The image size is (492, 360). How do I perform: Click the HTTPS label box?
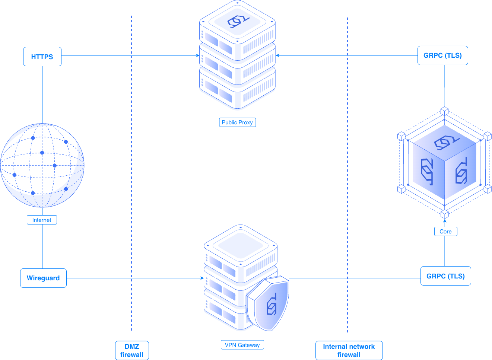(42, 57)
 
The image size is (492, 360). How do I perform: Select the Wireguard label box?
(43, 278)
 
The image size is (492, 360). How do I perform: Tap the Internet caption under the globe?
(42, 220)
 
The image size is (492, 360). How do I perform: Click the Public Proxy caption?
(237, 122)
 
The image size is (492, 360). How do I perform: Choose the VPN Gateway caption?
(242, 345)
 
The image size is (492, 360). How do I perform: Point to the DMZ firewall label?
(132, 350)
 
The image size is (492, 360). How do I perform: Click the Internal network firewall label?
(349, 350)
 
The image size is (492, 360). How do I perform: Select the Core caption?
(445, 232)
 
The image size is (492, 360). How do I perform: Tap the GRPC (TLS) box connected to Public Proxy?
(442, 55)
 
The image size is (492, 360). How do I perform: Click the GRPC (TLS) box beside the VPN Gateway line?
(445, 276)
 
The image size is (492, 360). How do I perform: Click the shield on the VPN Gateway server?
(268, 303)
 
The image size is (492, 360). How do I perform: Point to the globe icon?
(42, 165)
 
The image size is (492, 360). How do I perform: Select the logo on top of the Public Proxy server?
(238, 22)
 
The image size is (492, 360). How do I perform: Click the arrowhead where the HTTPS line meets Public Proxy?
(198, 55)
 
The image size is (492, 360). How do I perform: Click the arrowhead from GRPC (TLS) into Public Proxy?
(278, 55)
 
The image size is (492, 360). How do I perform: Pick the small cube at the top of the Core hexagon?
(445, 111)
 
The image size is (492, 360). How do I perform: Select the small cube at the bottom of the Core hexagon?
(445, 214)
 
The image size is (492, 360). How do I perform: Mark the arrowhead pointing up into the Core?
(445, 220)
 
